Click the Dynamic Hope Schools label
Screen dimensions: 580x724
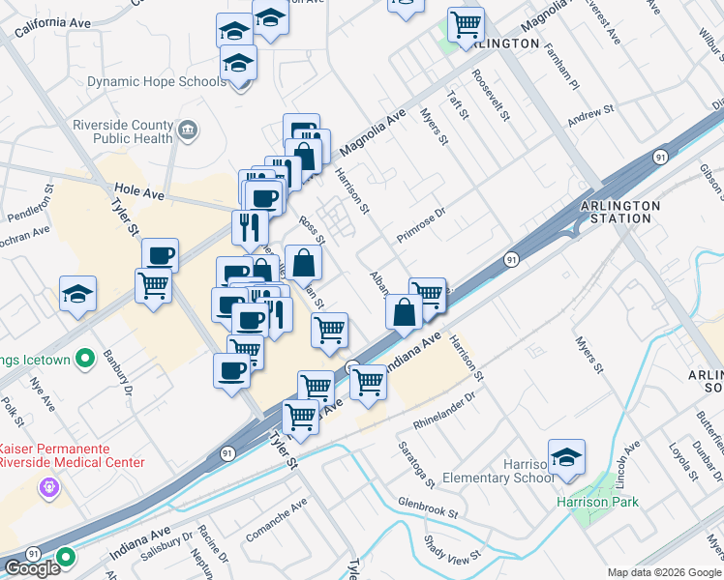(156, 82)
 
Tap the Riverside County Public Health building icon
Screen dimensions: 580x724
(190, 129)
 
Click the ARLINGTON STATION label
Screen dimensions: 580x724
(620, 212)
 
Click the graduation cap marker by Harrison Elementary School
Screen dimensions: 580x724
(566, 457)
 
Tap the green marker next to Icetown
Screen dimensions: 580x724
(85, 360)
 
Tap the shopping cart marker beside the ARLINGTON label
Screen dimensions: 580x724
(467, 23)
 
